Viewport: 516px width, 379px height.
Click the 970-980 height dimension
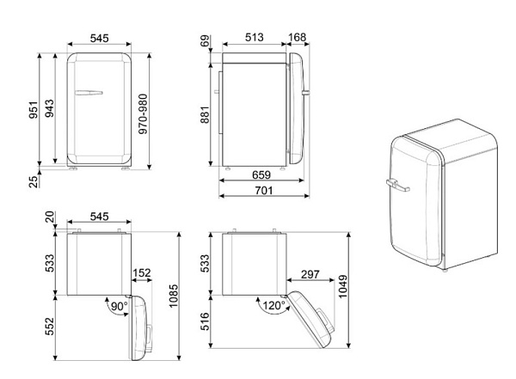[x=143, y=113]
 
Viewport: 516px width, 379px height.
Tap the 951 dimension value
[x=34, y=110]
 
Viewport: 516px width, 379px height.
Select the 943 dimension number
[x=49, y=108]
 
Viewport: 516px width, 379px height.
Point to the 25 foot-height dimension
[x=34, y=181]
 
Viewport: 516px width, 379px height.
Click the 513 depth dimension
[x=254, y=37]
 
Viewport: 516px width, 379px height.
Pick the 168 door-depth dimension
[x=298, y=37]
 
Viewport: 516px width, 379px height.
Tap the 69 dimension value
[x=205, y=40]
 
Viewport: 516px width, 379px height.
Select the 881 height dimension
[x=205, y=114]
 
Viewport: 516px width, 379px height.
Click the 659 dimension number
[x=261, y=174]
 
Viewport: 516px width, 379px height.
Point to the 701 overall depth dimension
[x=264, y=191]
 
